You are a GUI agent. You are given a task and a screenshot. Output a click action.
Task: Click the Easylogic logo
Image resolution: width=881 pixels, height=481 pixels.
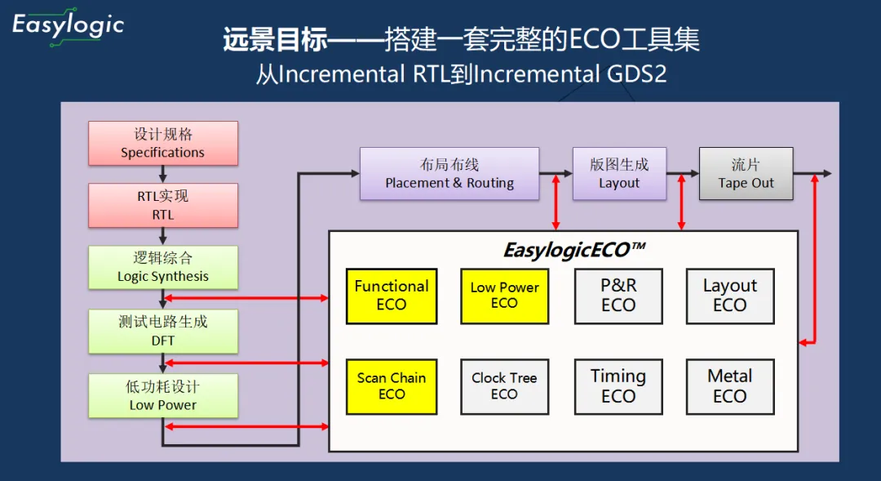coord(68,27)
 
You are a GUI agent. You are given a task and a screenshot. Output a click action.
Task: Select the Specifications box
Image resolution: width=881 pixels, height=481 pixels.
coord(163,143)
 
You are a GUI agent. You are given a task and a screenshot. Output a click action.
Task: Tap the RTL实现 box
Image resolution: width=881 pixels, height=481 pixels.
coord(163,205)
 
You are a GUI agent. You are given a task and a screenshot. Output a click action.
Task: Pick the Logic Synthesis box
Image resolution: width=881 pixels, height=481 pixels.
coord(163,268)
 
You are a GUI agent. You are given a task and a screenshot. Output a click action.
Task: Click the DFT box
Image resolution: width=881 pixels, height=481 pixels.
coord(163,332)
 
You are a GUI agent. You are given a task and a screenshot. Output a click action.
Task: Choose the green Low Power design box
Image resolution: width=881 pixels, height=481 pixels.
coord(163,395)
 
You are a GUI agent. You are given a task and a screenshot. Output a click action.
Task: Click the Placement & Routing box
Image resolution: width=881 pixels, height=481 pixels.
coord(449,174)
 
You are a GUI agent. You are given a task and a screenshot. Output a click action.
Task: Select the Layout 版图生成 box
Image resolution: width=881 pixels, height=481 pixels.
coord(619,174)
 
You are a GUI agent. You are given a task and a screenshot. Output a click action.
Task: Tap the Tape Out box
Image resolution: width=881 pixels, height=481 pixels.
coord(746,174)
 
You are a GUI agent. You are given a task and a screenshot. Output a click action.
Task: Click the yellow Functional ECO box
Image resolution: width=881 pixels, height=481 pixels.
coord(392,296)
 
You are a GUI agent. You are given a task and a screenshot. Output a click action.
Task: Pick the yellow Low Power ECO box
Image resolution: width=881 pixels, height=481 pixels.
coord(505,296)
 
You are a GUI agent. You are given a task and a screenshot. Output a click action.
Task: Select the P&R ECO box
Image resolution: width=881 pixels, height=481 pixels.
coord(618,296)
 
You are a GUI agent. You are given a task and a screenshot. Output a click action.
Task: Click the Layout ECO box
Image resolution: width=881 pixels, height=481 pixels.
coord(730,296)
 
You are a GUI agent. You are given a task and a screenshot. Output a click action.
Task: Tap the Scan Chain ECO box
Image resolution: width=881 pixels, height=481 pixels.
coord(392,387)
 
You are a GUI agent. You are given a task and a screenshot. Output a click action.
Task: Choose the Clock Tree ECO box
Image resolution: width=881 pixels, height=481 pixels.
coord(505,387)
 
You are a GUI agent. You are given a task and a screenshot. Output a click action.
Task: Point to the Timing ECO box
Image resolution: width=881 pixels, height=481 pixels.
coord(618,387)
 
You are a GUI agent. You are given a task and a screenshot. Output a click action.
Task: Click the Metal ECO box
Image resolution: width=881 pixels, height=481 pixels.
coord(730,387)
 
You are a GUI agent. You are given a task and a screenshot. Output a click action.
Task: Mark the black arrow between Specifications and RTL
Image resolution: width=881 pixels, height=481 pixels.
coord(163,175)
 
